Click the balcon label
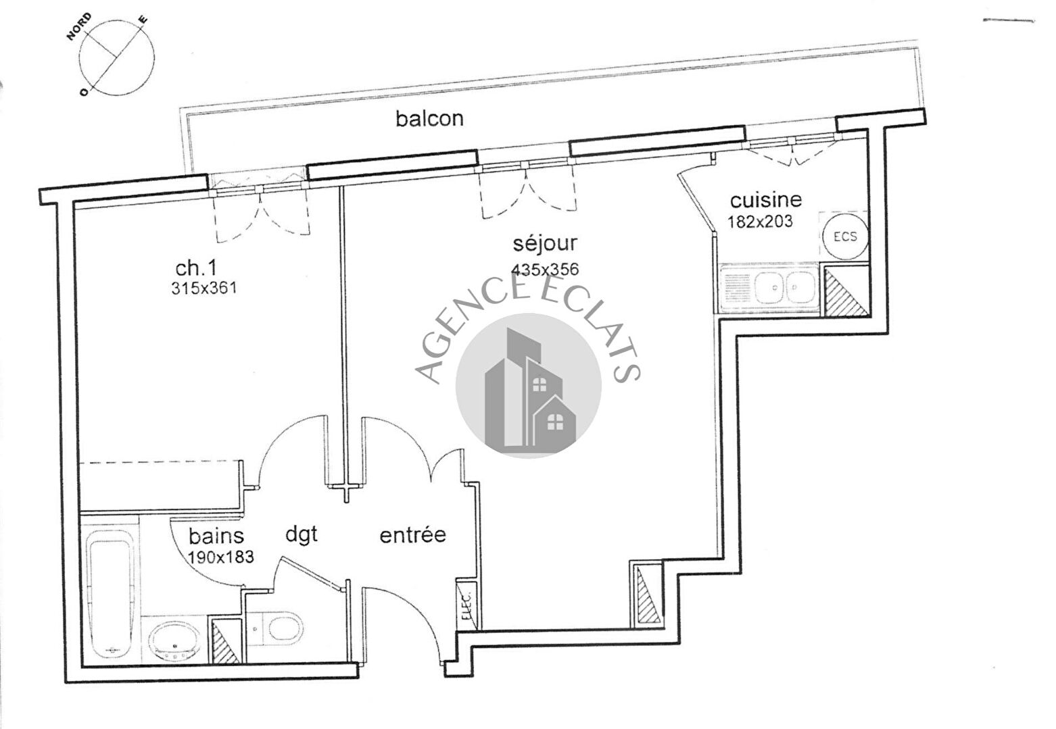click(429, 119)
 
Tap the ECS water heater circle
click(845, 236)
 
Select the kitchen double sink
click(784, 287)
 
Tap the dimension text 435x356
click(545, 269)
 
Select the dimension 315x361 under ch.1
click(203, 288)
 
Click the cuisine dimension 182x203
click(761, 222)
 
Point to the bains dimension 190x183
click(220, 557)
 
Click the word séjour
click(545, 244)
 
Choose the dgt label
click(302, 535)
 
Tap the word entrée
click(412, 535)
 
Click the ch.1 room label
click(195, 268)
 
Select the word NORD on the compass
click(79, 27)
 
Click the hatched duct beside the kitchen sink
click(846, 291)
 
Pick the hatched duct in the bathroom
click(225, 640)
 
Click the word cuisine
click(765, 200)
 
